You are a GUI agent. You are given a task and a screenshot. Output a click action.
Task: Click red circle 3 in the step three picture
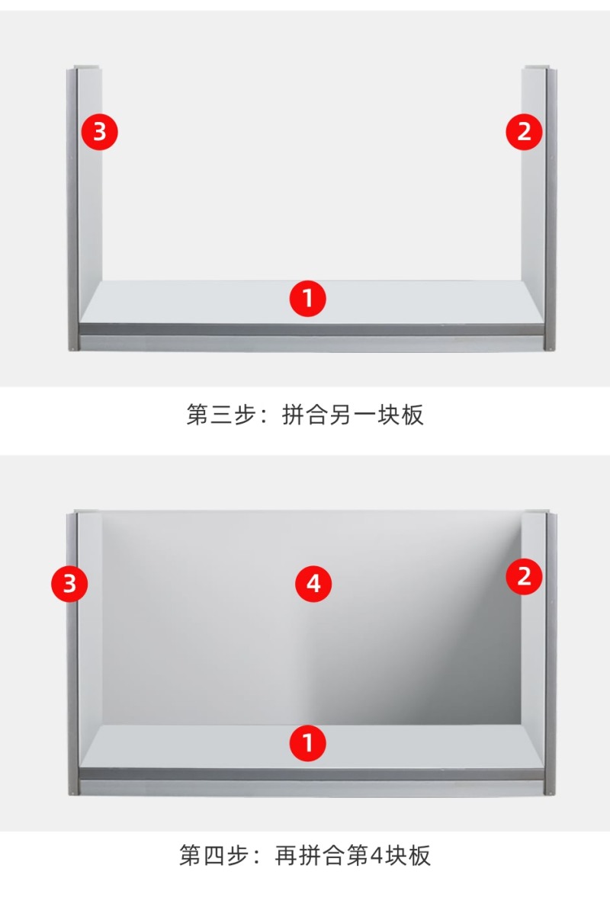tap(100, 132)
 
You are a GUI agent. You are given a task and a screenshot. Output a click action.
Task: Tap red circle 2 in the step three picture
tap(524, 132)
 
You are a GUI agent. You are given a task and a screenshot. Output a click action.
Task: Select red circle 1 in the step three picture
tap(308, 299)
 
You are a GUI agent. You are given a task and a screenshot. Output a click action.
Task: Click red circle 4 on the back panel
tap(313, 584)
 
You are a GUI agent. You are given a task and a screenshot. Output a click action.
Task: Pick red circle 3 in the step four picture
tap(70, 584)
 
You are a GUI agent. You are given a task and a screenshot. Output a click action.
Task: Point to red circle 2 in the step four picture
tap(524, 576)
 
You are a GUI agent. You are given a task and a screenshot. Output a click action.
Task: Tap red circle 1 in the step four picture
tap(308, 743)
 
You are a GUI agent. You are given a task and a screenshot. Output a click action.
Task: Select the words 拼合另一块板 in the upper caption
tap(353, 415)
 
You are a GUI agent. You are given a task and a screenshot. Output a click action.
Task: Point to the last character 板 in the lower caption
tap(419, 855)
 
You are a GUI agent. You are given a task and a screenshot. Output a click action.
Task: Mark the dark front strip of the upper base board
tap(312, 329)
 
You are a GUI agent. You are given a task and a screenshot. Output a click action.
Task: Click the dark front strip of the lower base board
tap(312, 774)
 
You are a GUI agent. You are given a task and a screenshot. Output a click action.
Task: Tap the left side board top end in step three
tap(87, 68)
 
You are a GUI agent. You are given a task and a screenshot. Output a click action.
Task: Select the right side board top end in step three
tap(537, 68)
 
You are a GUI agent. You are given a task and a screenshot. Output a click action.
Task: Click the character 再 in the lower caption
tap(286, 855)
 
